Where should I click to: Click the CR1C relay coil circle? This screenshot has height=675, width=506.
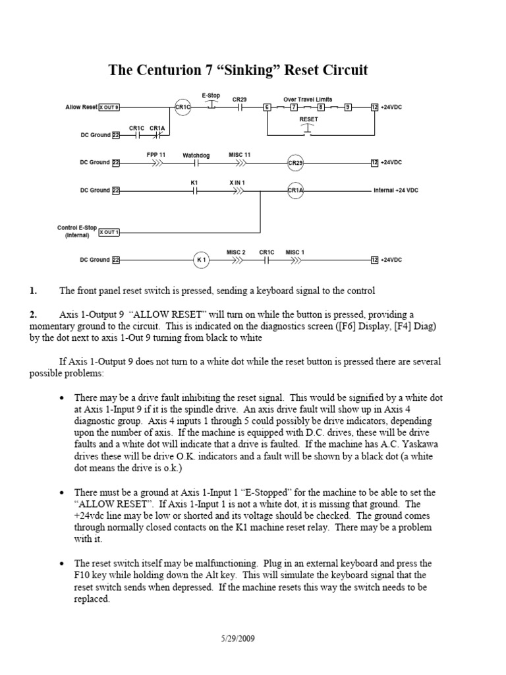tap(182, 107)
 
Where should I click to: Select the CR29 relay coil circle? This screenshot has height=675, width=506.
tap(295, 162)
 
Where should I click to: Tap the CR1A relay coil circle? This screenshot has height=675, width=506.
tap(295, 191)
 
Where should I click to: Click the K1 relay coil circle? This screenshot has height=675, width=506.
tap(202, 260)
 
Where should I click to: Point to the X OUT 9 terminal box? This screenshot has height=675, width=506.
tap(109, 107)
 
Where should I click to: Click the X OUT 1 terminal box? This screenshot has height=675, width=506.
tap(109, 232)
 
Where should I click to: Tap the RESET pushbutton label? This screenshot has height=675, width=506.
tap(308, 119)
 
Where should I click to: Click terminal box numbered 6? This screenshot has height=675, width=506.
tap(267, 107)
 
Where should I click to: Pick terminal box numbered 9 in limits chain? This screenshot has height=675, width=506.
tap(349, 107)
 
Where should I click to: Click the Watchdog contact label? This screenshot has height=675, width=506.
tap(196, 155)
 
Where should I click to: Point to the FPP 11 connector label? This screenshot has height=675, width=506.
tap(156, 154)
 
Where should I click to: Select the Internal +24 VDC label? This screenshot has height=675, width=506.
tap(395, 191)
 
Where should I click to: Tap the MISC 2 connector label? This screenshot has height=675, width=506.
tap(236, 252)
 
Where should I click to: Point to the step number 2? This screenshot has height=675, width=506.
tap(33, 315)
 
